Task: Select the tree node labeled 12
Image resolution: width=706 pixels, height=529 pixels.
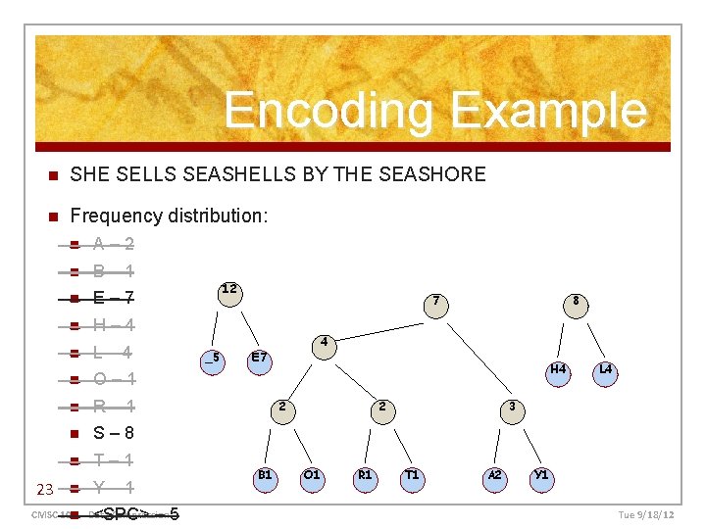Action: point(228,292)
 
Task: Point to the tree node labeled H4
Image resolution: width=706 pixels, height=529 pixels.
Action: point(558,371)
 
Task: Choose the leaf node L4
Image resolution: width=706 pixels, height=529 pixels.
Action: point(606,371)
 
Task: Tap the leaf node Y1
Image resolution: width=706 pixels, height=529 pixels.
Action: point(541,477)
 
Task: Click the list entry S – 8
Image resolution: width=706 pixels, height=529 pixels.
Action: point(114,433)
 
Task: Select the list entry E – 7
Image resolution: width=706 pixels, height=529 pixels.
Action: point(114,298)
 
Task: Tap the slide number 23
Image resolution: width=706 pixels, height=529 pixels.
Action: point(44,489)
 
